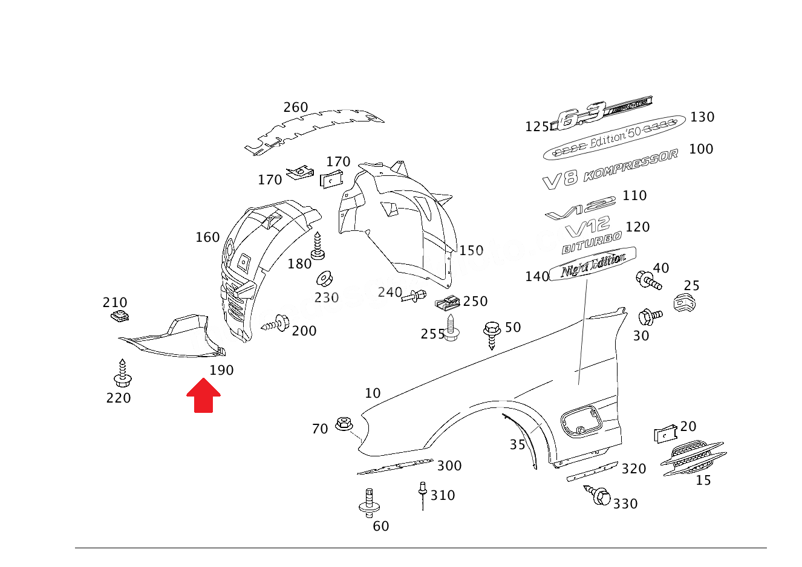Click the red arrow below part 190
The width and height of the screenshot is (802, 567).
pyautogui.click(x=203, y=396)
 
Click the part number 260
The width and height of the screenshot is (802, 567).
pyautogui.click(x=296, y=108)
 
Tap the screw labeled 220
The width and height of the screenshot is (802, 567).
pyautogui.click(x=122, y=375)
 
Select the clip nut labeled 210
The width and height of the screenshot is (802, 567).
pyautogui.click(x=121, y=316)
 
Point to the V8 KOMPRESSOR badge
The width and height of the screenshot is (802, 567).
pyautogui.click(x=610, y=169)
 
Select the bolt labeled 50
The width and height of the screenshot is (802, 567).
pyautogui.click(x=492, y=334)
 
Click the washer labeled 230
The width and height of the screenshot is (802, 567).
pyautogui.click(x=325, y=279)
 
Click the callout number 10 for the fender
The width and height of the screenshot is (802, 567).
pyautogui.click(x=373, y=394)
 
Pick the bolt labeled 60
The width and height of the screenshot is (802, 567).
pyautogui.click(x=369, y=502)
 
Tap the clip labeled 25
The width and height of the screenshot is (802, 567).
pyautogui.click(x=683, y=303)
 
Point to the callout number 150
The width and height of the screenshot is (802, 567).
pyautogui.click(x=471, y=251)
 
